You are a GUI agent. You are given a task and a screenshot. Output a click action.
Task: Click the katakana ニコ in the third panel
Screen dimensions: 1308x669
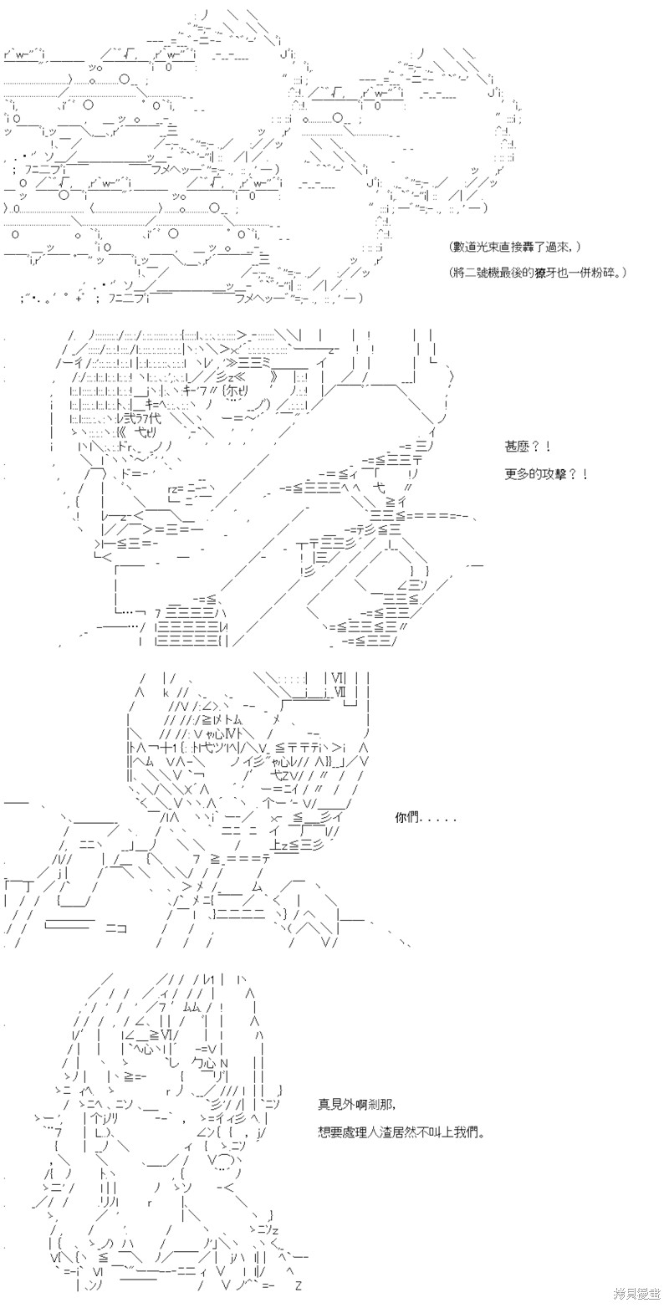(115, 927)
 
